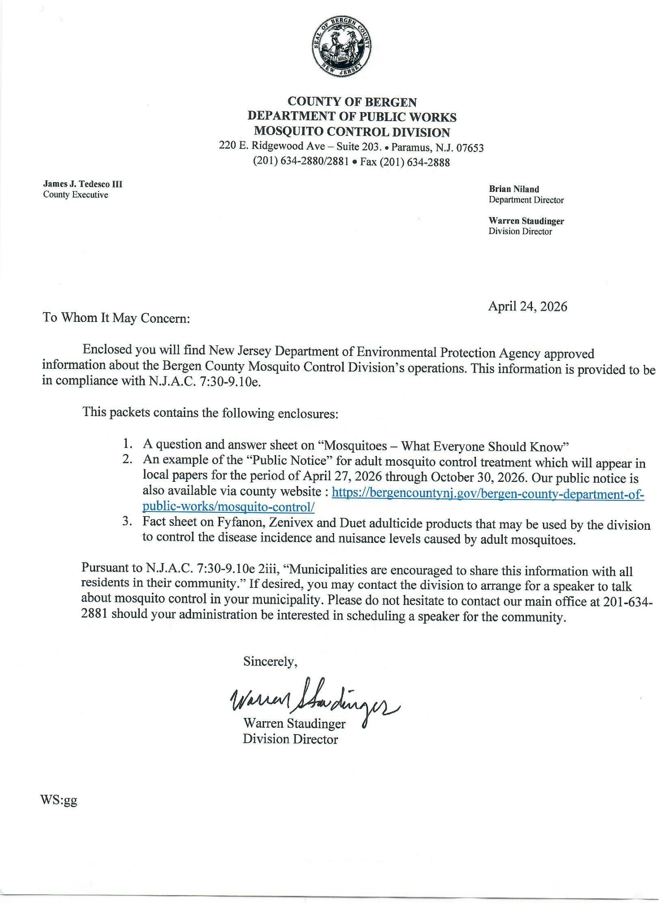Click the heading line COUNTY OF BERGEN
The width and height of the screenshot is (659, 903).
[x=352, y=103]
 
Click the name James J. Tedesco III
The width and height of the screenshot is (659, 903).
[x=83, y=184]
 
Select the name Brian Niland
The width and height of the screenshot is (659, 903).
[x=514, y=189]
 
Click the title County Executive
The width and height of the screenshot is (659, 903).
[x=75, y=195]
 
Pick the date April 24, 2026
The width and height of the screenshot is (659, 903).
[x=527, y=306]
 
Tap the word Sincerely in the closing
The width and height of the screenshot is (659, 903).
[x=270, y=662]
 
